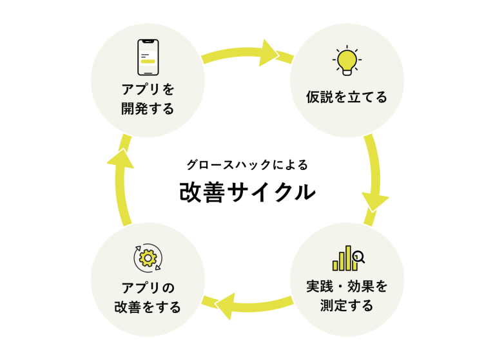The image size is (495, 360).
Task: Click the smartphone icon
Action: [x=148, y=57]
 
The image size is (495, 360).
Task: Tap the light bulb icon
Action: [x=346, y=60]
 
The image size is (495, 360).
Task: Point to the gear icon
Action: [x=148, y=257]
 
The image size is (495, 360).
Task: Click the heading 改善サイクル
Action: [x=247, y=191]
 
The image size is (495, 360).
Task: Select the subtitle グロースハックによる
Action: [x=247, y=164]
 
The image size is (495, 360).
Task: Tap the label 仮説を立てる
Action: [x=347, y=98]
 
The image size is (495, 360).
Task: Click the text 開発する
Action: [x=148, y=109]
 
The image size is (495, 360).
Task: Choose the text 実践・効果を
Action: [x=347, y=286]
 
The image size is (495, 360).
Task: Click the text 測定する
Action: [x=347, y=306]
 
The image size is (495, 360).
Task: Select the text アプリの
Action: [x=148, y=287]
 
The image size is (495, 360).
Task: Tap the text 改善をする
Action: [x=148, y=307]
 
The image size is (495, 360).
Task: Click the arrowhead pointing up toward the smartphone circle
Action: [x=119, y=158]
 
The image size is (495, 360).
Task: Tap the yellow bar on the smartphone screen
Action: [x=148, y=61]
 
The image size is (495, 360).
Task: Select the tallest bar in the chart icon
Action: [x=349, y=258]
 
